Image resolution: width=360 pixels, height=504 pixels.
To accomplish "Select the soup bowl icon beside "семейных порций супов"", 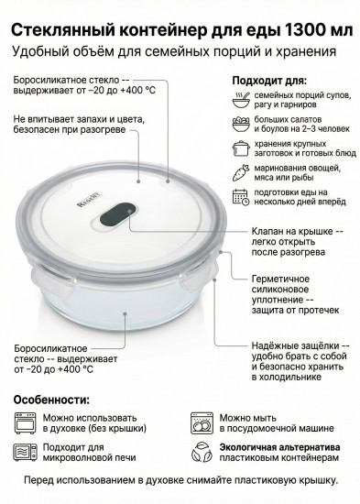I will (241, 99).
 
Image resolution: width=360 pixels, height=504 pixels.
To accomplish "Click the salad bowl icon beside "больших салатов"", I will (241, 122).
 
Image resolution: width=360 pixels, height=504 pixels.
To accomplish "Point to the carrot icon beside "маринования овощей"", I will (241, 170).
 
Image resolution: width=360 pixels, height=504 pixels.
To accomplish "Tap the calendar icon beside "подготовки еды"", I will (241, 194).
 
